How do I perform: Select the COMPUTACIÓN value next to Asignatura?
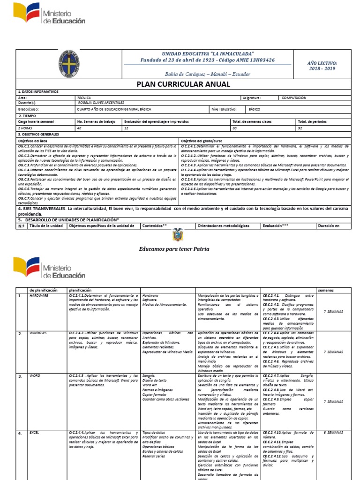click(x=293, y=98)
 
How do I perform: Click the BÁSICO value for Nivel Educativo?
click(x=255, y=109)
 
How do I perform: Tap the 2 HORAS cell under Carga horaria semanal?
click(x=26, y=127)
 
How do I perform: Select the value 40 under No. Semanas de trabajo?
click(x=79, y=127)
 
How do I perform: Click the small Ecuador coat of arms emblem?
click(x=177, y=234)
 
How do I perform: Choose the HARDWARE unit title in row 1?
click(x=38, y=296)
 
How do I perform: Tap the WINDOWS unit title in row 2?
click(x=38, y=333)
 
